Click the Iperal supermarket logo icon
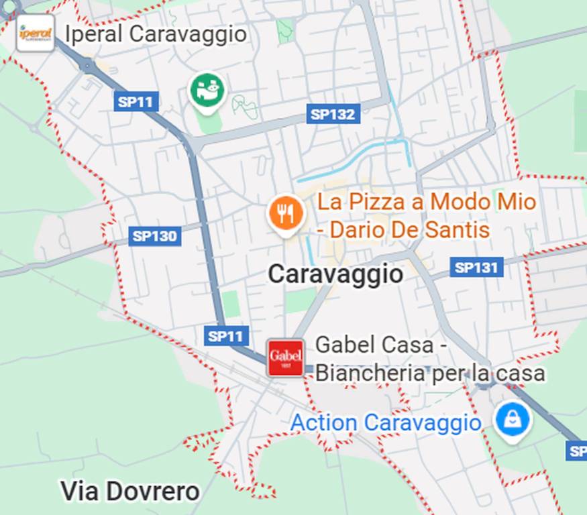(35, 32)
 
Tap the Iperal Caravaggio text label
(156, 34)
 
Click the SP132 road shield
(333, 114)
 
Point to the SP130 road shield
(155, 235)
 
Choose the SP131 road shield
(476, 268)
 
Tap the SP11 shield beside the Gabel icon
(227, 336)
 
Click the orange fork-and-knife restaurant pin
(286, 214)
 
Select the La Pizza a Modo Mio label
(427, 201)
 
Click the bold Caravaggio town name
(335, 274)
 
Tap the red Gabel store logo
(286, 358)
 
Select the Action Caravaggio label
(386, 423)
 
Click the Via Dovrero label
(129, 492)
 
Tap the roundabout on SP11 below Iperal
(87, 65)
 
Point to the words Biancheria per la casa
(430, 373)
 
